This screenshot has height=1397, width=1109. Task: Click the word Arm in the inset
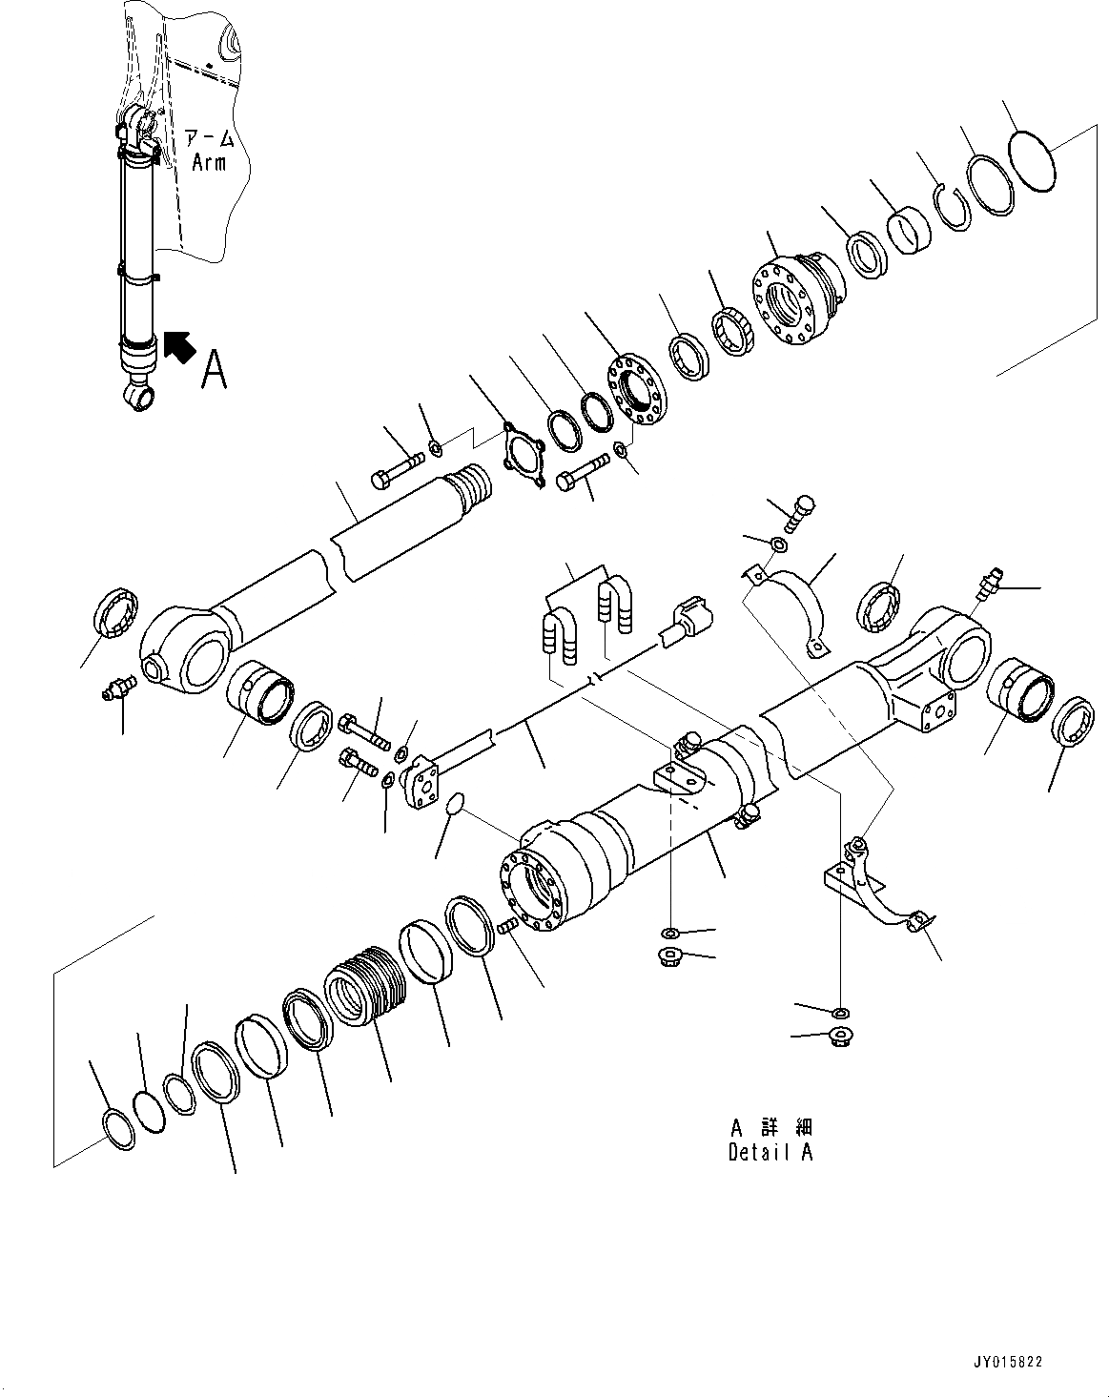[209, 162]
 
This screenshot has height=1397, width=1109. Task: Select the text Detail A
[770, 1151]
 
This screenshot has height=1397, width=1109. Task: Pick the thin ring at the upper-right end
[1029, 160]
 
